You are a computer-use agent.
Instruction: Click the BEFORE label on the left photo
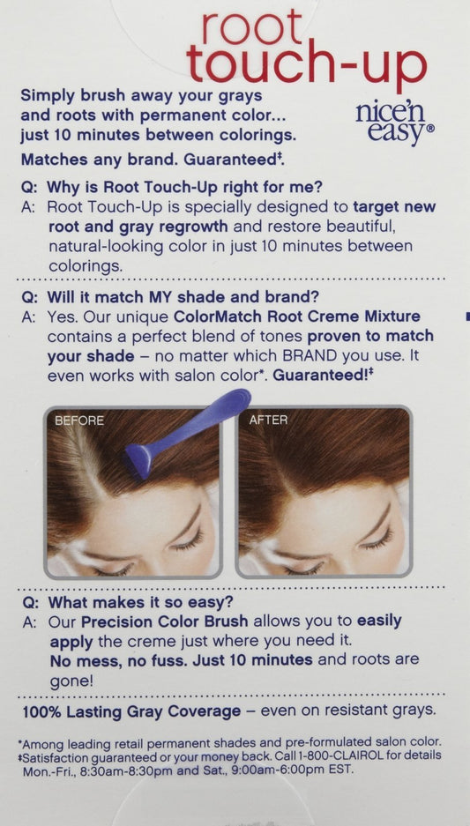79,420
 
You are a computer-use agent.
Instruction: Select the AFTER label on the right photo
268,420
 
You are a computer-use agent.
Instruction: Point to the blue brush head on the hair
139,460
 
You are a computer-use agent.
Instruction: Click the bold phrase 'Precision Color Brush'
164,621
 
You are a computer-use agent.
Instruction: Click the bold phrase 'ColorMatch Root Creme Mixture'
296,316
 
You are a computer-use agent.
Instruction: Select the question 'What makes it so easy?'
140,601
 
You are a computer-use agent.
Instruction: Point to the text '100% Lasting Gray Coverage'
131,711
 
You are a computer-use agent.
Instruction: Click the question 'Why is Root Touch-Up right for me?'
184,187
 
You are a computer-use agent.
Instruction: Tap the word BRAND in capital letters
310,355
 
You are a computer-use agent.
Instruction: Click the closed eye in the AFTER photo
379,539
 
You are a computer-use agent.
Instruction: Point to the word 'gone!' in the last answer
71,681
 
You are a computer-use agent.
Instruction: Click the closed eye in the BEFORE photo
188,539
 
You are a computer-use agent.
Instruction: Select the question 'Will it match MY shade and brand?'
183,296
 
